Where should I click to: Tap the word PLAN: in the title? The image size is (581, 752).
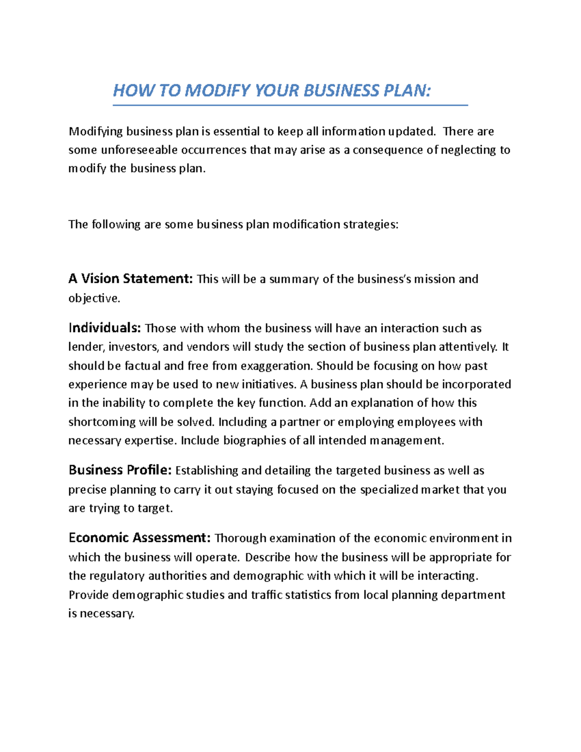pyautogui.click(x=407, y=91)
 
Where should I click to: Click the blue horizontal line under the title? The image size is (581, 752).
pyautogui.click(x=290, y=105)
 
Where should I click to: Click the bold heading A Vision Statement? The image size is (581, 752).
pyautogui.click(x=131, y=279)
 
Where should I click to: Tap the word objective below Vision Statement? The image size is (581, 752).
pyautogui.click(x=93, y=298)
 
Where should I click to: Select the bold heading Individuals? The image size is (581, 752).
pyautogui.click(x=105, y=328)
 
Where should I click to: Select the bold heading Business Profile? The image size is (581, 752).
pyautogui.click(x=120, y=471)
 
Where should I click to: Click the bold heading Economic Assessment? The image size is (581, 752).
pyautogui.click(x=139, y=538)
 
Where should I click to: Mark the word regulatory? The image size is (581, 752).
pyautogui.click(x=117, y=576)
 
